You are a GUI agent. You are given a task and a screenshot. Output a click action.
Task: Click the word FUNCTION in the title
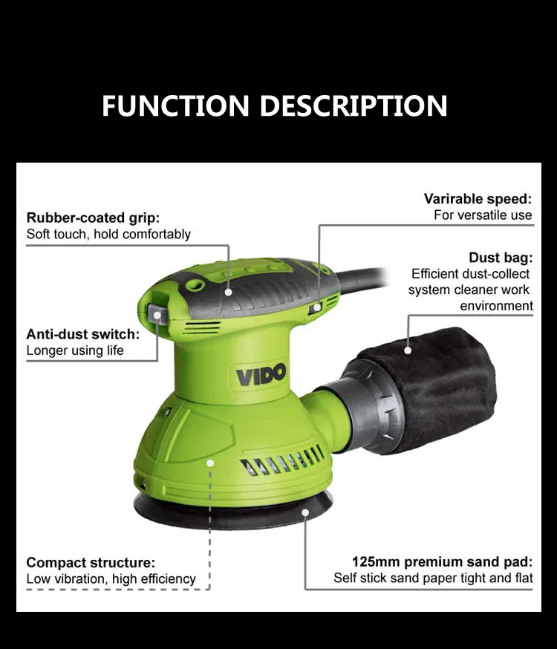pyautogui.click(x=177, y=105)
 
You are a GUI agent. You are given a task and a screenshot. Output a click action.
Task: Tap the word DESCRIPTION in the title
pyautogui.click(x=354, y=105)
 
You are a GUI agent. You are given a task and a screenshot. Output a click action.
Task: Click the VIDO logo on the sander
pyautogui.click(x=261, y=374)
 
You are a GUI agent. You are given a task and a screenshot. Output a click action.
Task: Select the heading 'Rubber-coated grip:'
pyautogui.click(x=93, y=218)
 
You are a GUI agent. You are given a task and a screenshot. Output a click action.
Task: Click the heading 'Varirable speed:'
pyautogui.click(x=478, y=198)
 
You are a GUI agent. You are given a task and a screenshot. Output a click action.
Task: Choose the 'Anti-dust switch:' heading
pyautogui.click(x=82, y=334)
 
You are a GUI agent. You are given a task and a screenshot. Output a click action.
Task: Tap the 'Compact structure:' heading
pyautogui.click(x=91, y=562)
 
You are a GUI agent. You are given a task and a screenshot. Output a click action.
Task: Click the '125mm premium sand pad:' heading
pyautogui.click(x=442, y=562)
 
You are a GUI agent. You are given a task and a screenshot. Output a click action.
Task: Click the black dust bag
pyautogui.click(x=446, y=386)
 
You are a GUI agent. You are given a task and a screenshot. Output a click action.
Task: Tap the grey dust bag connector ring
pyautogui.click(x=375, y=405)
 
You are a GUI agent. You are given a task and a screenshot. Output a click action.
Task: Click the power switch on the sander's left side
pyautogui.click(x=157, y=315)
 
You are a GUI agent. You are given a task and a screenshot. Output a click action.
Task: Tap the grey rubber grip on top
pyautogui.click(x=245, y=286)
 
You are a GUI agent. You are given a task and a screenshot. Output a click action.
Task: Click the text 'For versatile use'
pyautogui.click(x=483, y=215)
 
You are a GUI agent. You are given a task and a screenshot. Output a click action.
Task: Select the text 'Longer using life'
pyautogui.click(x=75, y=350)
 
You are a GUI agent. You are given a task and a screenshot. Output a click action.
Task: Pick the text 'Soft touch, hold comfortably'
pyautogui.click(x=108, y=234)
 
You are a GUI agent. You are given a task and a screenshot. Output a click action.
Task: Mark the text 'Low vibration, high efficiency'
pyautogui.click(x=111, y=578)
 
